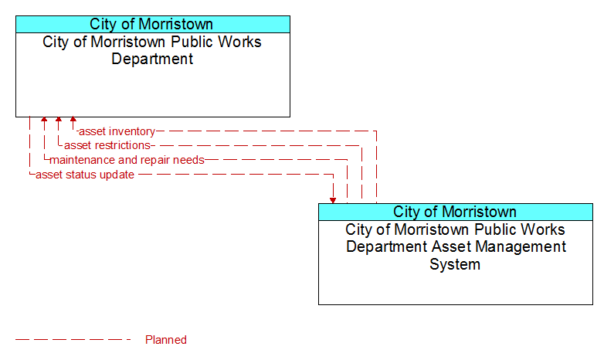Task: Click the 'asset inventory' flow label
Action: [x=117, y=131]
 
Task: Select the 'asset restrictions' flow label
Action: [x=107, y=145]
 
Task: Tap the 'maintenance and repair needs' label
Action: [x=127, y=160]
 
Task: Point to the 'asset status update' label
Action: [x=85, y=175]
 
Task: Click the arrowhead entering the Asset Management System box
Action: [x=333, y=200]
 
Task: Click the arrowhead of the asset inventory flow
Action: [x=73, y=120]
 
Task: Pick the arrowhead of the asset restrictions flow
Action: [x=59, y=120]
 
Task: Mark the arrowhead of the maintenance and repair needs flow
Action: [x=44, y=120]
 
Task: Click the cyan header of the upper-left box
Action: [x=153, y=24]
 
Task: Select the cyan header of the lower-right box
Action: [x=456, y=212]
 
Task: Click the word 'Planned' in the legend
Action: [x=166, y=340]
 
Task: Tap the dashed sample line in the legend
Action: [x=73, y=340]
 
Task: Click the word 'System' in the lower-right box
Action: [x=455, y=264]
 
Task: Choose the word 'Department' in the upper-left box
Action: [x=152, y=59]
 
